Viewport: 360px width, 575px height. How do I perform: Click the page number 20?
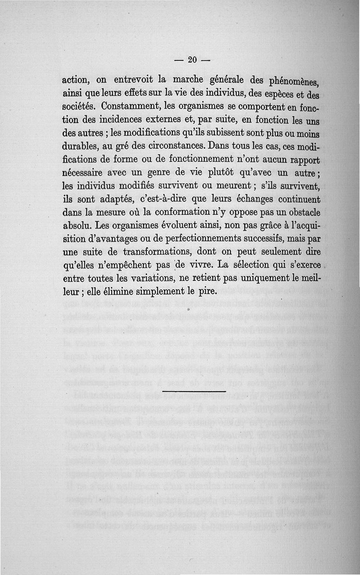[193, 60]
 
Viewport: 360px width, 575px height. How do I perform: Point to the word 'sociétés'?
[78, 107]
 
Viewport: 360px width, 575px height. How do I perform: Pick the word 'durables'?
[80, 147]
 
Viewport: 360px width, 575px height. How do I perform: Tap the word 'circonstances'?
[169, 147]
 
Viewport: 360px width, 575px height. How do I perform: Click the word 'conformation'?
[189, 212]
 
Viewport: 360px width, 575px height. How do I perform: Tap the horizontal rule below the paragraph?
[194, 391]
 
